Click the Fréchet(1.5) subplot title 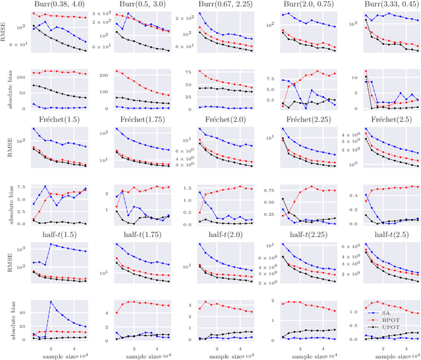tap(60, 121)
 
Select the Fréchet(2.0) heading tap(222, 121)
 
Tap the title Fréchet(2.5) tap(385, 121)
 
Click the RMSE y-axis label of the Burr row tap(7, 30)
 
